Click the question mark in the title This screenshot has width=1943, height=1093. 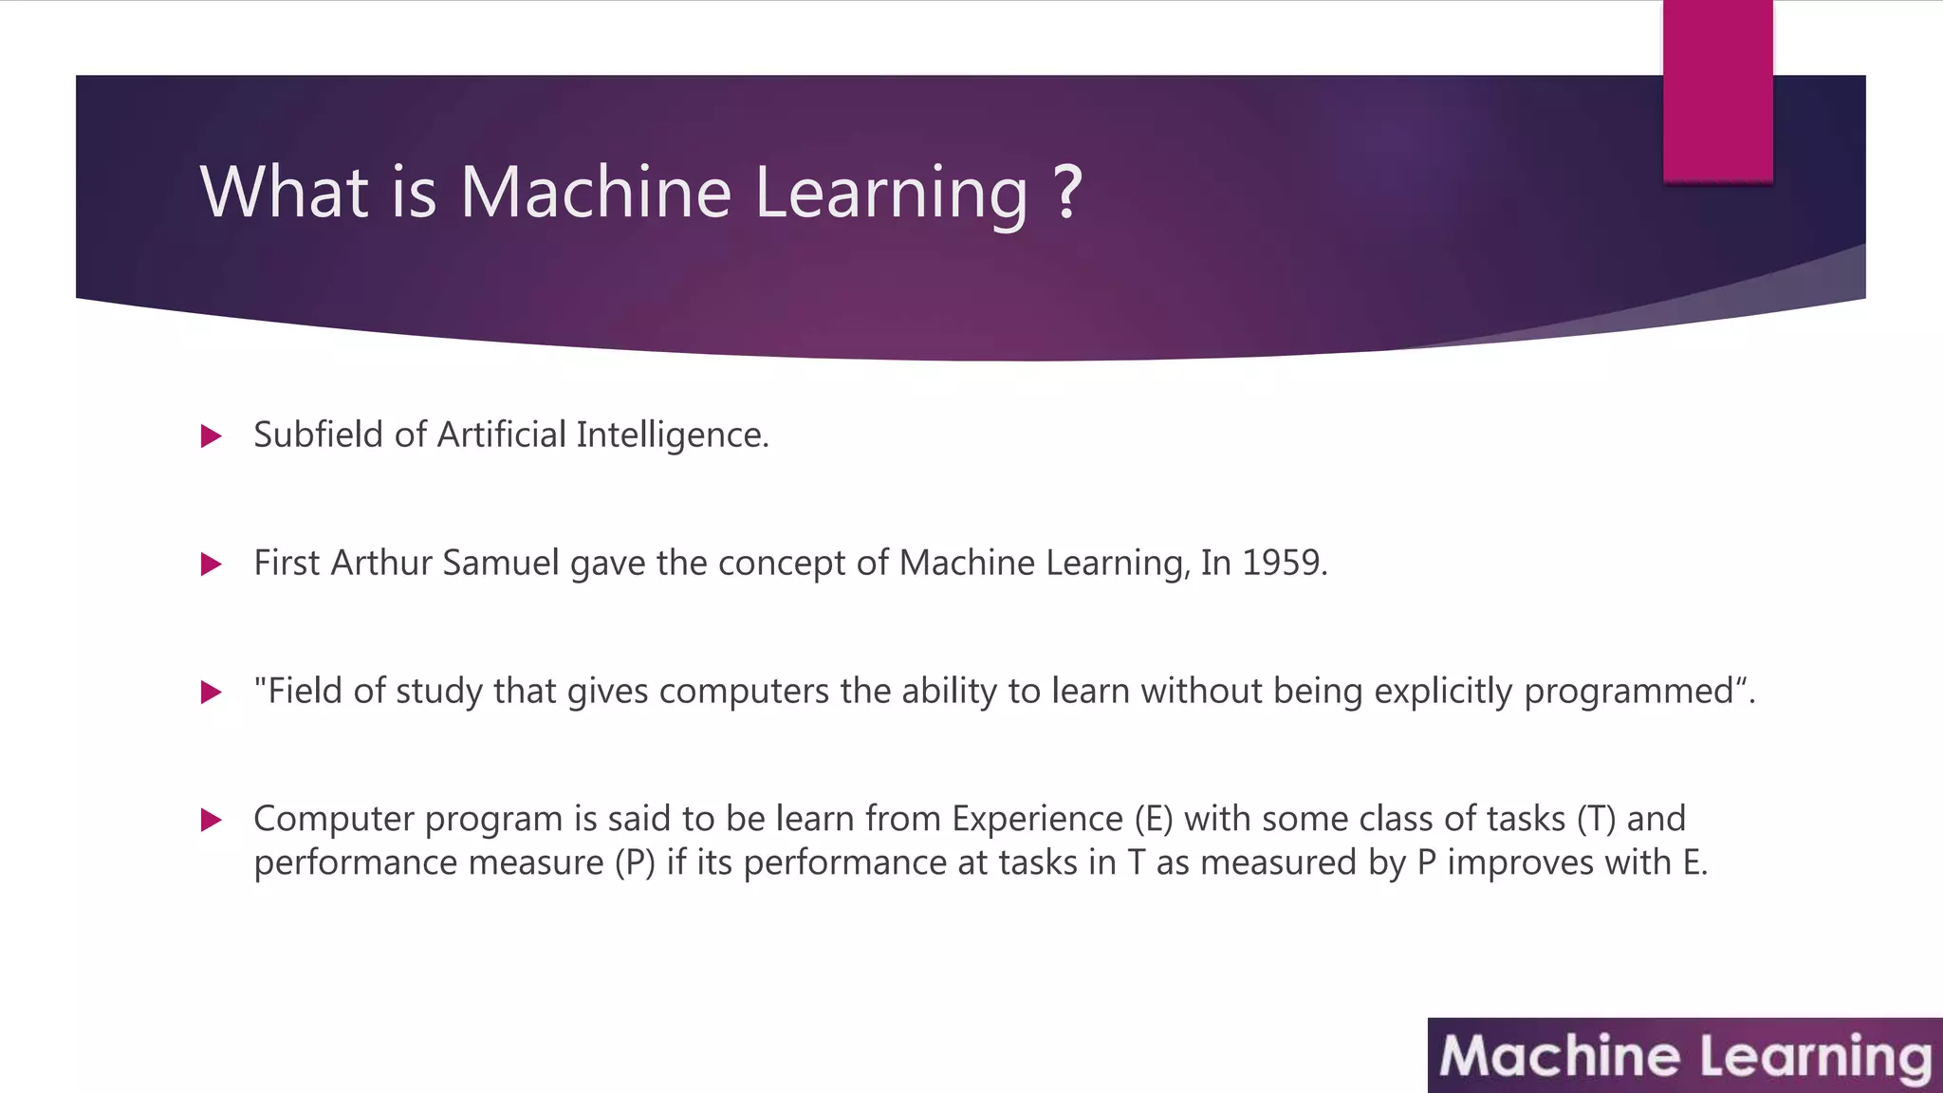[1067, 192]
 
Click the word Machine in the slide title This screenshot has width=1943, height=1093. [596, 192]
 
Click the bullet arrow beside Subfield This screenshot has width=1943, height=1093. [212, 436]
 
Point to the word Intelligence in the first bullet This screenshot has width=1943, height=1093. [672, 435]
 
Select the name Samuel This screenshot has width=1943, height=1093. [500, 563]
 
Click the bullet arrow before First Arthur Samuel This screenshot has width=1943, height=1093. [212, 565]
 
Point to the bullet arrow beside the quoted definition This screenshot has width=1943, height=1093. [212, 693]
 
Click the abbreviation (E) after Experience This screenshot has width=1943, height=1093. [1154, 819]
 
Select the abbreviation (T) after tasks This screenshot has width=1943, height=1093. [1596, 819]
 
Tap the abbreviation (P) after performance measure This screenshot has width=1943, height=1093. [635, 862]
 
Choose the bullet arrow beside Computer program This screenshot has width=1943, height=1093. [212, 820]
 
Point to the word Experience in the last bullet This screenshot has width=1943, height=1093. [1037, 819]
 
